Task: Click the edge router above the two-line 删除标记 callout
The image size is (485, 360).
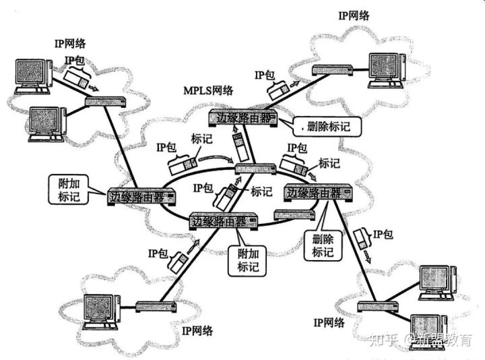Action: [x=317, y=194]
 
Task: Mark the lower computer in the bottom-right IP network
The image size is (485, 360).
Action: [x=431, y=325]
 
